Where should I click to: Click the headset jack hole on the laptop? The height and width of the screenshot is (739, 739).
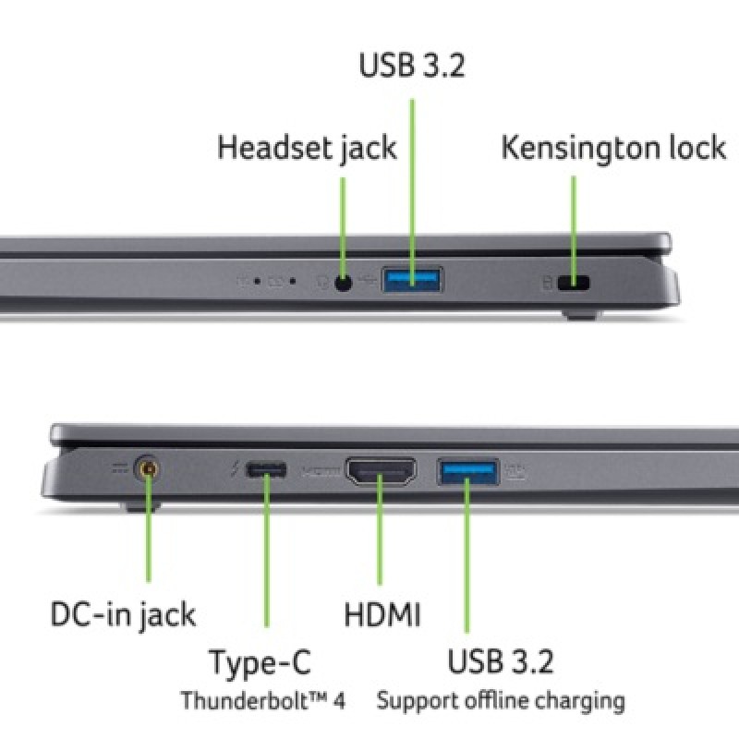coord(344,283)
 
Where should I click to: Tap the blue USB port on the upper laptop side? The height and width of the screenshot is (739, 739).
coord(412,280)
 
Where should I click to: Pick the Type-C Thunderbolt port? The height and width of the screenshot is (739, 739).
coord(266,470)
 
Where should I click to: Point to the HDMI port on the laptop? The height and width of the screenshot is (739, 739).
coord(381,472)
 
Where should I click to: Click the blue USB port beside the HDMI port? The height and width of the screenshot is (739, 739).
coord(467,472)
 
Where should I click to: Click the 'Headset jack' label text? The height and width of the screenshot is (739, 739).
coord(307,148)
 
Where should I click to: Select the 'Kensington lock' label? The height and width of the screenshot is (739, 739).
coord(613,148)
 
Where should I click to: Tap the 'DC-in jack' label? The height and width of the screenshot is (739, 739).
coord(123,614)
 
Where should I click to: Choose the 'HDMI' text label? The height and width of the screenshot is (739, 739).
coord(382,614)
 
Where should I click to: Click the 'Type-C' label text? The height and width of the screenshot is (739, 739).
coord(260,662)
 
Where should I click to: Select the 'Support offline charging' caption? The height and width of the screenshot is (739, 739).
coord(500,700)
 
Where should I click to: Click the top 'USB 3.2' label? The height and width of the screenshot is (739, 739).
coord(412,67)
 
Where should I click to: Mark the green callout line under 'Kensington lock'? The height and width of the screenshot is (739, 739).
coord(574,222)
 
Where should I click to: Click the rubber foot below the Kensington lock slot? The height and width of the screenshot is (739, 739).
coord(580,315)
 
